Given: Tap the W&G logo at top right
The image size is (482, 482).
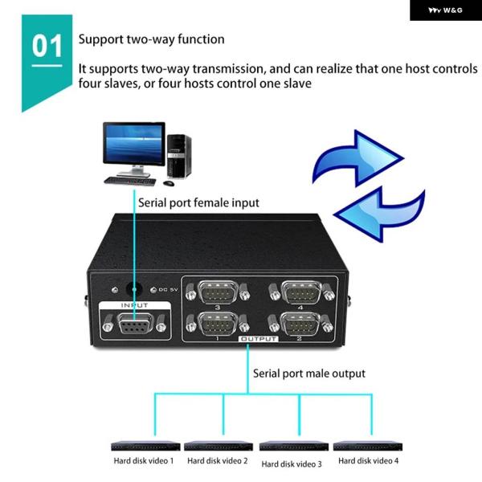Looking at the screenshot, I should pos(443,10).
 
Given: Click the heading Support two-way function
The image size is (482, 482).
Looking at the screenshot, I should pos(151,39).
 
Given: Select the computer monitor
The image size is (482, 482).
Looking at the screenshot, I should pos(133,145).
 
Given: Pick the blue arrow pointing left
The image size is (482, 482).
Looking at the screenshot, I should pos(378,212).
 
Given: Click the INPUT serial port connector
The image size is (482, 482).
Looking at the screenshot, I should pos(134,325).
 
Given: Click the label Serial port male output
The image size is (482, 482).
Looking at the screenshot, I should pos(308,373).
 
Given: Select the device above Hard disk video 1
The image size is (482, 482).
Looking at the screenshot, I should pos(144,445).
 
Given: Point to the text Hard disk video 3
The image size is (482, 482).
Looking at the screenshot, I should pos(292,464).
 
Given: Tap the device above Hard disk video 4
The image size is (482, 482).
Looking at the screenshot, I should pos(367,445).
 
